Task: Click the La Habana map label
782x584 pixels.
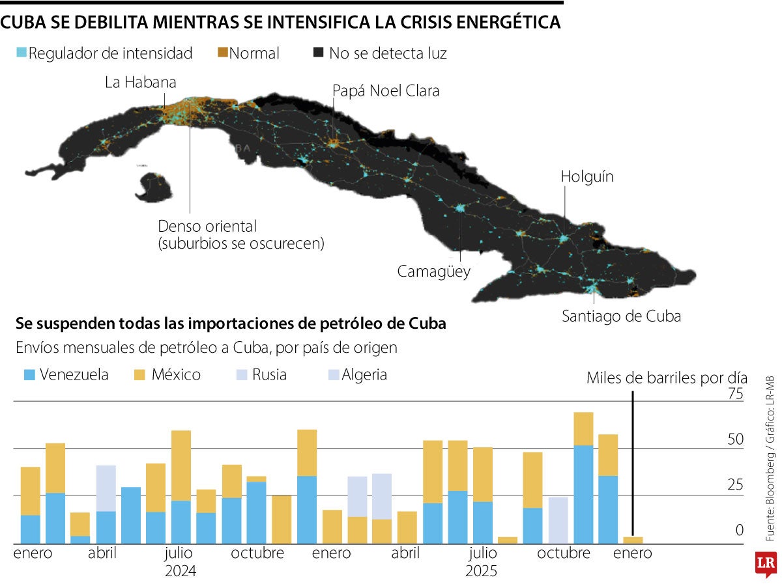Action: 141,83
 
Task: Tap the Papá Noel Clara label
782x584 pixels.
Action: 386,91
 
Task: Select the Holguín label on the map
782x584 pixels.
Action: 587,177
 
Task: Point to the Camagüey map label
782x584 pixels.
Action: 433,271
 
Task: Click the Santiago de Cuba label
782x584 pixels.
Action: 621,316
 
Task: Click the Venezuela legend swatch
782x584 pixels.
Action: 29,375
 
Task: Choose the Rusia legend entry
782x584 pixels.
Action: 261,375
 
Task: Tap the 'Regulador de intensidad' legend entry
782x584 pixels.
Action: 104,53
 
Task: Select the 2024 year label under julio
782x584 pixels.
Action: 181,571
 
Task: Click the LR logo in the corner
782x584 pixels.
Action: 765,564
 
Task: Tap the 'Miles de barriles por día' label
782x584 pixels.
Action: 667,378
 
